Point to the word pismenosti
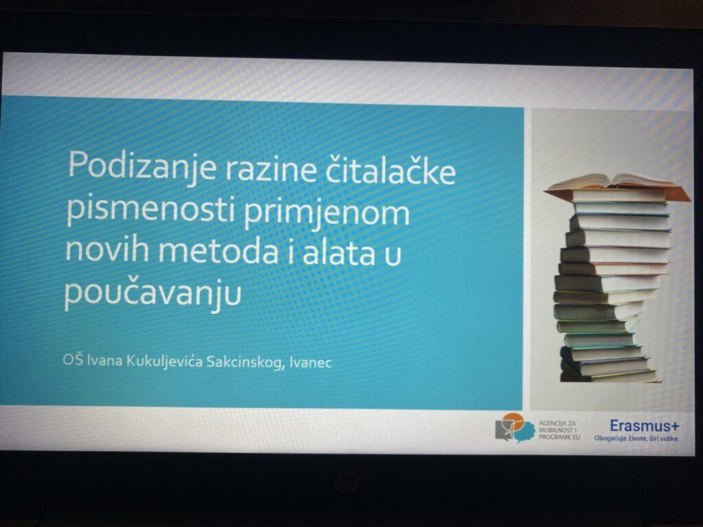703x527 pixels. [x=151, y=210]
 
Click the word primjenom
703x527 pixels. [x=327, y=213]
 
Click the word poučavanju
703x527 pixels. [x=153, y=292]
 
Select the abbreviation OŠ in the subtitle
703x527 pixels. [x=73, y=360]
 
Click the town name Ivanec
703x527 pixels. [x=311, y=362]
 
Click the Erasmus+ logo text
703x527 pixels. [x=644, y=425]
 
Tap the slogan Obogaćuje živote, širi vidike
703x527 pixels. [x=636, y=438]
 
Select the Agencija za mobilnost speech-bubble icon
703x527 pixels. [x=515, y=428]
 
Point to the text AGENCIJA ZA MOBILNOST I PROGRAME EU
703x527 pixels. [x=559, y=430]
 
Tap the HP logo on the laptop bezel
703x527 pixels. [x=346, y=481]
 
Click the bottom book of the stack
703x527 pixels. [x=609, y=376]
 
